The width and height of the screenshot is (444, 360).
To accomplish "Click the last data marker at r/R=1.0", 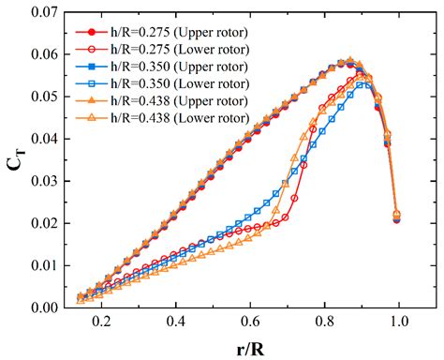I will pyautogui.click(x=396, y=217).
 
